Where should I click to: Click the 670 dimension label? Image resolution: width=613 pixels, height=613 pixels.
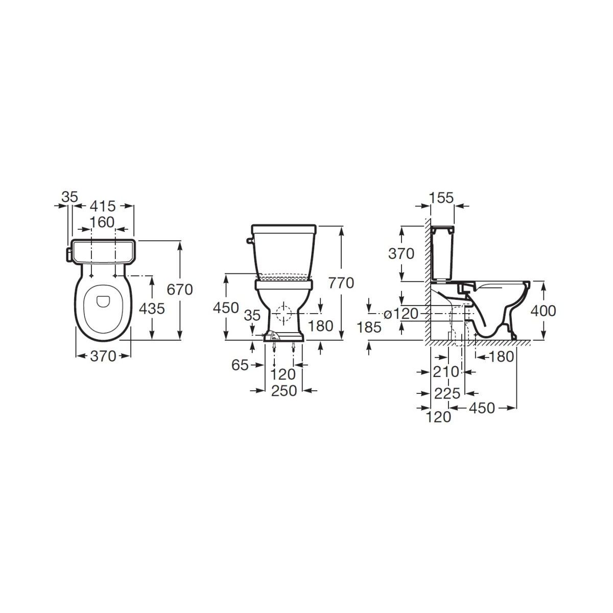pos(180,290)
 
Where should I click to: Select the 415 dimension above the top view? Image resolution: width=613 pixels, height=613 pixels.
pos(103,206)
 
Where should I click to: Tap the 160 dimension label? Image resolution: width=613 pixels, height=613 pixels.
pos(102,222)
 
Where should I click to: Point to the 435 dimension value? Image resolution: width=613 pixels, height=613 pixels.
pos(152,308)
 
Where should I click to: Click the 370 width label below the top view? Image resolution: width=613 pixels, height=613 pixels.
pos(103,356)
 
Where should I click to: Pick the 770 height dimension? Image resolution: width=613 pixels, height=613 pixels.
pos(341,283)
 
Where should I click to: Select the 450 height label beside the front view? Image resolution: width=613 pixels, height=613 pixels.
pos(226,308)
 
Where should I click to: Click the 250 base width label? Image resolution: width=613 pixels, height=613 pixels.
pos(284,391)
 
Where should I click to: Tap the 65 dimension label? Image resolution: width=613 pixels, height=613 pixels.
pos(240,365)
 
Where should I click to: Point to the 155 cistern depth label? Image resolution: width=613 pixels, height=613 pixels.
pos(441,198)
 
